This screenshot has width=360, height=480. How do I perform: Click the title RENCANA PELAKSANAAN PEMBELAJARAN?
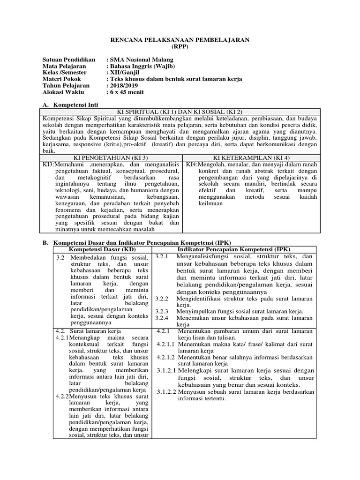(180, 40)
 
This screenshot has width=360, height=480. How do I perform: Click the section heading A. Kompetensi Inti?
(77, 105)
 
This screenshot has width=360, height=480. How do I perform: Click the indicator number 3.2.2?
(162, 298)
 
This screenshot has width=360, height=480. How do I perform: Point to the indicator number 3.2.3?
(162, 311)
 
